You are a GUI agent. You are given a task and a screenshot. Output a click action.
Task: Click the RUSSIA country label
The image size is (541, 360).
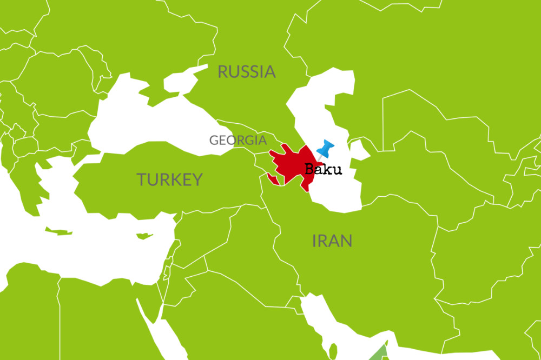point(247,71)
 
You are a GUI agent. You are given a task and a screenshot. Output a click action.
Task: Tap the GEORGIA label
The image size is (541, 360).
point(238,140)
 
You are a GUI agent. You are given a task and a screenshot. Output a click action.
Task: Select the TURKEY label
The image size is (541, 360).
point(169,179)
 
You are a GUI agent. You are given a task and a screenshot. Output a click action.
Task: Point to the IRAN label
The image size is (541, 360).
point(332,241)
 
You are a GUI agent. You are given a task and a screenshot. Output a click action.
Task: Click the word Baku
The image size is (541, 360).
point(324,169)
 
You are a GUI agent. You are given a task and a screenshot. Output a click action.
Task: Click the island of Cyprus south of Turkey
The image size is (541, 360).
point(143,236)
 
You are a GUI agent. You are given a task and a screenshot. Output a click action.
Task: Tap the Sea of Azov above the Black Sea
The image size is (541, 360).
point(184,81)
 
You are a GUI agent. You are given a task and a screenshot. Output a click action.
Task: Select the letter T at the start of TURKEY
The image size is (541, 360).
point(141,179)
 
